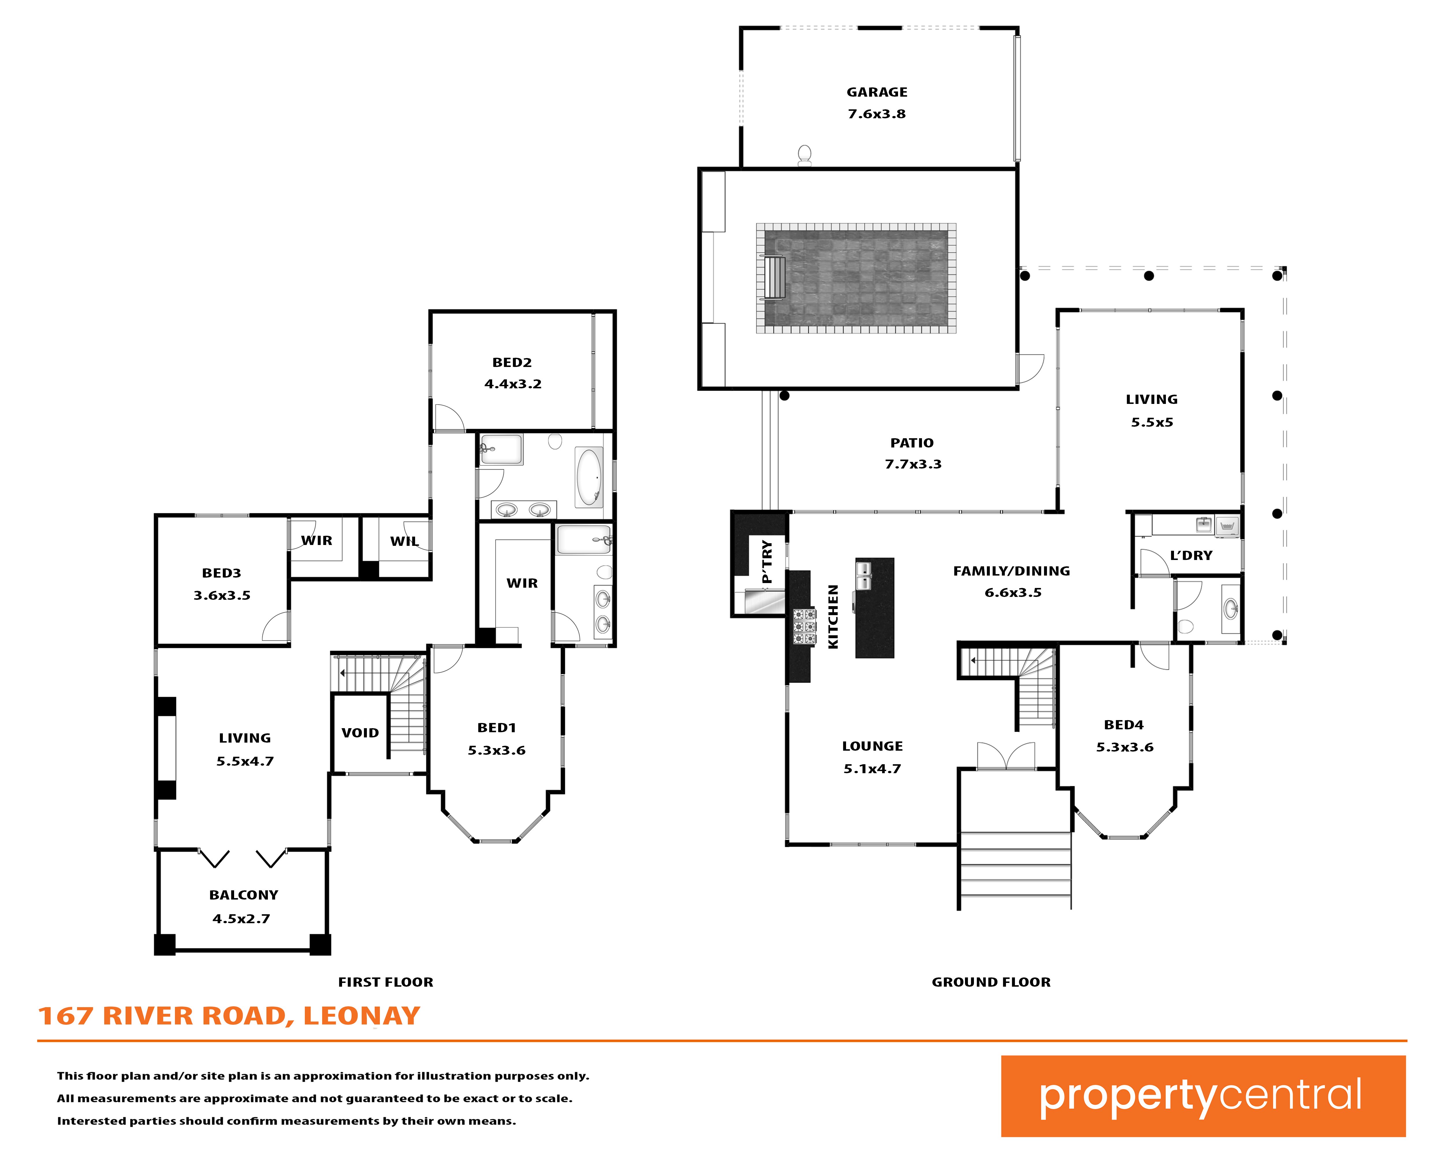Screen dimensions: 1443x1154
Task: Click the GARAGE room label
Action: (x=877, y=92)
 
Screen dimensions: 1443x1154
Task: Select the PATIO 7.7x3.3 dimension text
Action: (x=913, y=464)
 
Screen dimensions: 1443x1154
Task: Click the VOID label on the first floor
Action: (x=360, y=733)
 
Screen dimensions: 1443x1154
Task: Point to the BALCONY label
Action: (x=244, y=895)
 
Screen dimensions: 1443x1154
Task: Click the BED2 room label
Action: (x=512, y=363)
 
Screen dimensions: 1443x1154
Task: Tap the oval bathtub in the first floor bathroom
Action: (x=589, y=477)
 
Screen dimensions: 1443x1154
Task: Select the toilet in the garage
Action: (x=804, y=155)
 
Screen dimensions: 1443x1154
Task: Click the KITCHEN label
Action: (x=833, y=616)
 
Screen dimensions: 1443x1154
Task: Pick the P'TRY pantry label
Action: (x=767, y=562)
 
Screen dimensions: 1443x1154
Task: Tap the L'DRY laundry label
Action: (x=1191, y=556)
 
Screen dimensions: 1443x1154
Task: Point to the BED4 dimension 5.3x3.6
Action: (x=1125, y=747)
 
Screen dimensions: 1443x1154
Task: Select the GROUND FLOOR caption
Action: (x=991, y=982)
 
